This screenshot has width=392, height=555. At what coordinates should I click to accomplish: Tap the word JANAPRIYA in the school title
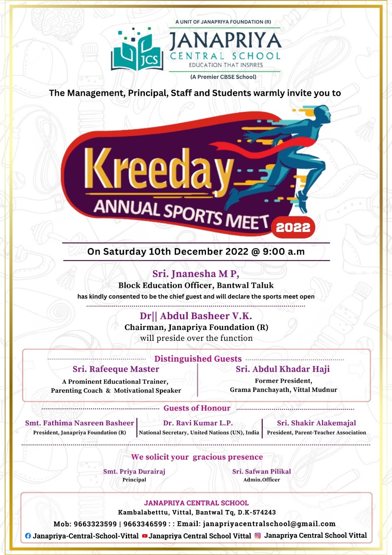click(225, 41)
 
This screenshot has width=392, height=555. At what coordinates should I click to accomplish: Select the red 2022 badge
click(293, 227)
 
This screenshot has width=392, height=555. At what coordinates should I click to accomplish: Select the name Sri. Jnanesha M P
click(196, 274)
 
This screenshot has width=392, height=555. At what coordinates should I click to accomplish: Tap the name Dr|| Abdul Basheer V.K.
click(196, 316)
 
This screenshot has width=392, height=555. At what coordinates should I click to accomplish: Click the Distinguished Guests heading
click(198, 359)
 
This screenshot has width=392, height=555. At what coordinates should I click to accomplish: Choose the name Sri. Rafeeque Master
click(116, 369)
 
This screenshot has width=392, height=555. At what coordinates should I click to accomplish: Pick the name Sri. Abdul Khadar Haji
click(283, 369)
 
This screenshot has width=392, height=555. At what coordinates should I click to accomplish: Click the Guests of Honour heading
click(197, 408)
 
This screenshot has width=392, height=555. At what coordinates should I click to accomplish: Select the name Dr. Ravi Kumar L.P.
click(198, 423)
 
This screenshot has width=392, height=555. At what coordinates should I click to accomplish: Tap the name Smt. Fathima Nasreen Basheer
click(79, 423)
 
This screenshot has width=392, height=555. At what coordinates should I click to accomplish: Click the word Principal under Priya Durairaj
click(134, 480)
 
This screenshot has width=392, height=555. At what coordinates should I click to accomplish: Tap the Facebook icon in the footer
click(28, 536)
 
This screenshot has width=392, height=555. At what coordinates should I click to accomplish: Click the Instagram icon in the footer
click(258, 535)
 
